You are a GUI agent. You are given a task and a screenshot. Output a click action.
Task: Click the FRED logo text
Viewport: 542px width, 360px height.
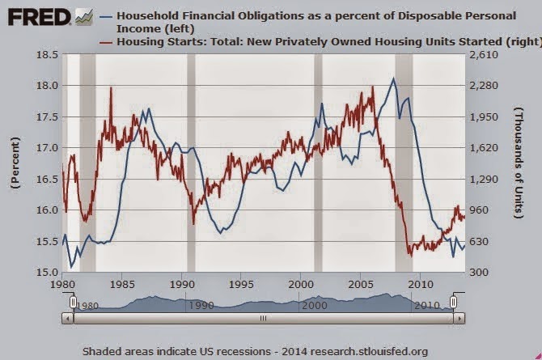coord(36,16)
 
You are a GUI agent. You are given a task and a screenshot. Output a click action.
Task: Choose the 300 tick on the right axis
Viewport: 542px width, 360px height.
coord(479,273)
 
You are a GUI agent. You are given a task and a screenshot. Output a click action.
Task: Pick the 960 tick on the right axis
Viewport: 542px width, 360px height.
coord(479,210)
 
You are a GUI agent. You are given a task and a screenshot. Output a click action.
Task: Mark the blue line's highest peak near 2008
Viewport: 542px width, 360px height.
coord(393,78)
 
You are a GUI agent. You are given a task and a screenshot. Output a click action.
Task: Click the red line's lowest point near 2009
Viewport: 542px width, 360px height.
coord(410,256)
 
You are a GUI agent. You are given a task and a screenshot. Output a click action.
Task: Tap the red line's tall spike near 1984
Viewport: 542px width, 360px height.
coord(111,87)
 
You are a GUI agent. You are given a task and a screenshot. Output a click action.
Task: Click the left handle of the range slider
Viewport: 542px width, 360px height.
coord(73,302)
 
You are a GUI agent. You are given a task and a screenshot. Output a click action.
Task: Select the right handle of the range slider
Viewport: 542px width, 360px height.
coord(453,302)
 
